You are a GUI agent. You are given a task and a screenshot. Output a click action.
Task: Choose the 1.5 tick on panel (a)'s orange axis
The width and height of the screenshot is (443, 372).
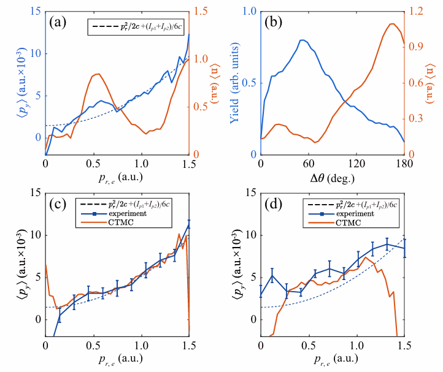pyautogui.click(x=201, y=11)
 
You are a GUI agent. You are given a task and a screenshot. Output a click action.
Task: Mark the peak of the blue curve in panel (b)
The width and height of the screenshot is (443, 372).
pyautogui.click(x=302, y=40)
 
